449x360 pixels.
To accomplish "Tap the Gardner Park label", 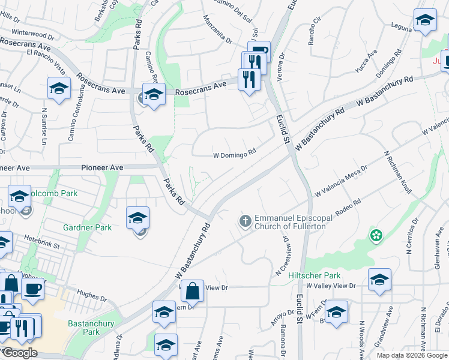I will point(88,228).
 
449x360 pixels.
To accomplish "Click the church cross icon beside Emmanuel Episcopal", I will point(245,221).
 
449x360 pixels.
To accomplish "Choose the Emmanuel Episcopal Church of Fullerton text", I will point(291,222).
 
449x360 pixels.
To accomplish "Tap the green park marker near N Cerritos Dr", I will point(376,235).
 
